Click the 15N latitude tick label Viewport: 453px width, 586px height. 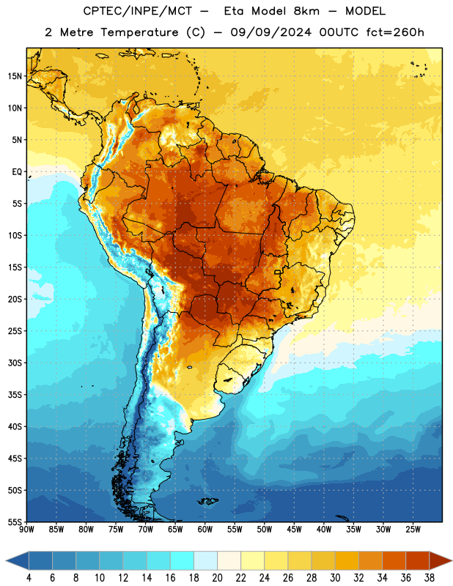point(15,76)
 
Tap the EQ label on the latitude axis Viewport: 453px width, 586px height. point(17,172)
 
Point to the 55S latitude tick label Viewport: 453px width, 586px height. point(15,522)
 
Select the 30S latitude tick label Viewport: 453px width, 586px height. point(15,363)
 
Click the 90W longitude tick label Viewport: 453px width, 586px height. point(26,530)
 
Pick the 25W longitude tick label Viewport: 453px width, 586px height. point(413,530)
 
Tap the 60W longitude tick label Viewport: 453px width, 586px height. point(205,530)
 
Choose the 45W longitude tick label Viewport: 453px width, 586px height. point(294,530)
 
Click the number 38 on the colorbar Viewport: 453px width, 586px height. point(429,578)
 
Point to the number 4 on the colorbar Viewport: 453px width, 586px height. point(29,578)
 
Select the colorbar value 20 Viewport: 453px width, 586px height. point(217,578)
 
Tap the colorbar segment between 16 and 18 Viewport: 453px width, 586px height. point(183,561)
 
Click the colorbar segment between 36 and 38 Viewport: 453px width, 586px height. point(418,561)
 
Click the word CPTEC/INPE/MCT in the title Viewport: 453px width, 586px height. point(138,11)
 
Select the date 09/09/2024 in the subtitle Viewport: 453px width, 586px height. point(270,32)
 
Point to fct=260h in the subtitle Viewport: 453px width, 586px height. point(395,32)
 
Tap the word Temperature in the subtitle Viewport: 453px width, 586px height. point(139,33)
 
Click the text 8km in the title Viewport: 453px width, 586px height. point(306,11)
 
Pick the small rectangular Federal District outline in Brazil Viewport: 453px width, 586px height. point(278,272)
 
